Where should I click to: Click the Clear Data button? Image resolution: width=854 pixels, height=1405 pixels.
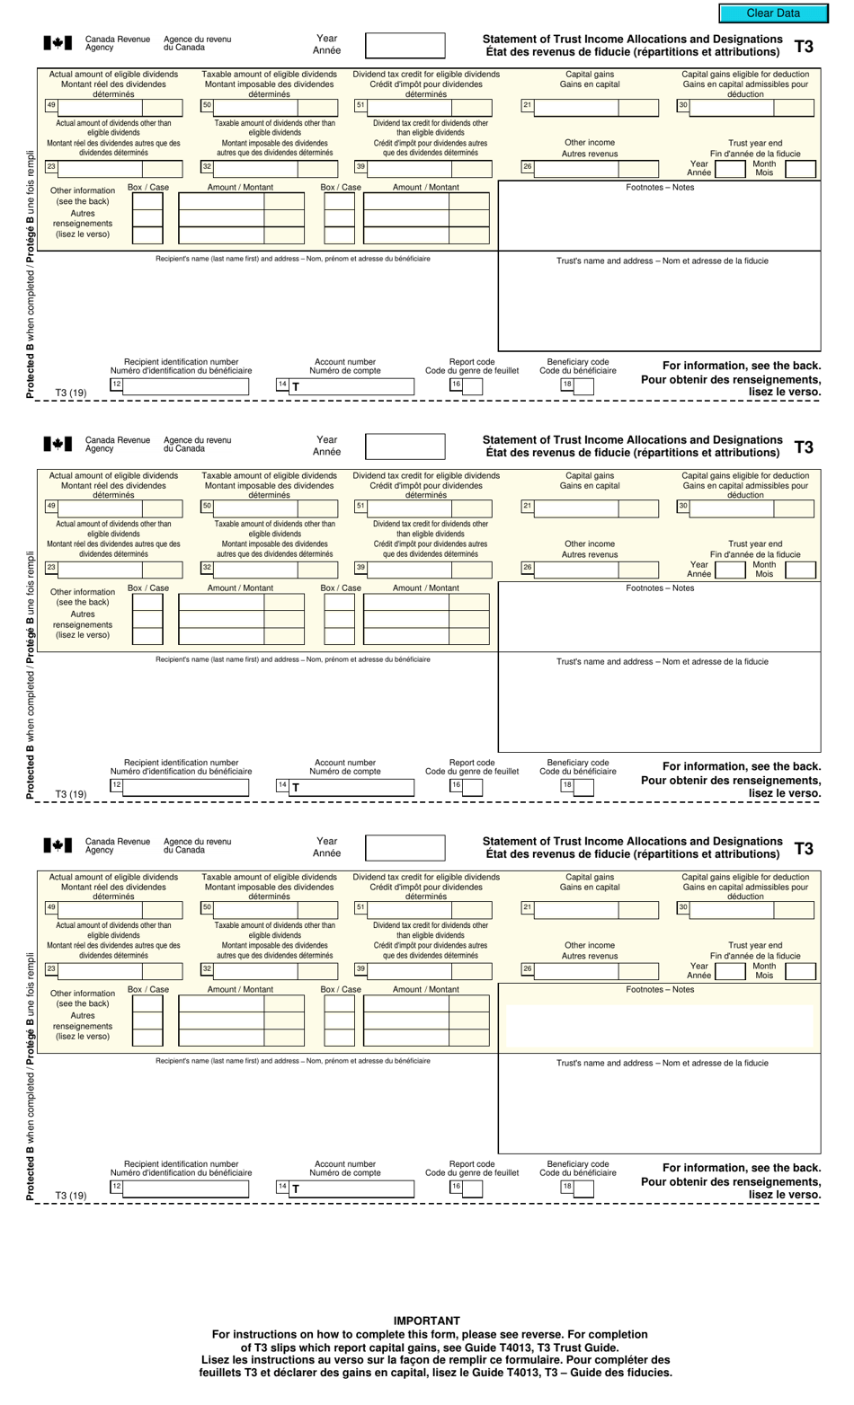click(772, 13)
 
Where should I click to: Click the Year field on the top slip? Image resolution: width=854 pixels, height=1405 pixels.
click(405, 45)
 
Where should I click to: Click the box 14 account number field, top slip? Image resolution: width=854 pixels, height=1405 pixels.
click(351, 386)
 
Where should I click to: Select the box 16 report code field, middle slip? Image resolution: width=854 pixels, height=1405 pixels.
click(472, 788)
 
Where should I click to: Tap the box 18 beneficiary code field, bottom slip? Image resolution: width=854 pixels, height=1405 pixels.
click(583, 1189)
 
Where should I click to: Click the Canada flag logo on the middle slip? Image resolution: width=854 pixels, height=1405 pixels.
click(58, 444)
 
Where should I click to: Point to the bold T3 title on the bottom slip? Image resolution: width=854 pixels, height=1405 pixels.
click(804, 848)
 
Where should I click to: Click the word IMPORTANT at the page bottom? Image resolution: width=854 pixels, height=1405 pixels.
click(426, 1321)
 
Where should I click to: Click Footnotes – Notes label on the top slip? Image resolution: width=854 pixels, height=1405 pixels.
click(660, 188)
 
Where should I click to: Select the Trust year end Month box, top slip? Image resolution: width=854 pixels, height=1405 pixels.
click(799, 168)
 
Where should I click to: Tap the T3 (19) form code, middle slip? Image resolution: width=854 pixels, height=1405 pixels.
click(71, 794)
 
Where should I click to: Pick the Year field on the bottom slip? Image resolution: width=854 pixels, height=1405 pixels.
click(405, 848)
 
